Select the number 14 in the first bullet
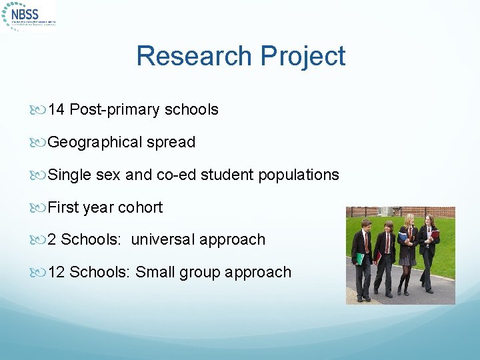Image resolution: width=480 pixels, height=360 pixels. tap(56, 109)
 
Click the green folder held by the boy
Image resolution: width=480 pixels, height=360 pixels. tap(361, 258)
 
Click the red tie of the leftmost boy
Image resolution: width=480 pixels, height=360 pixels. tap(366, 241)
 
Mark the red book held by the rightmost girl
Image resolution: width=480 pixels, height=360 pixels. tap(435, 235)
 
